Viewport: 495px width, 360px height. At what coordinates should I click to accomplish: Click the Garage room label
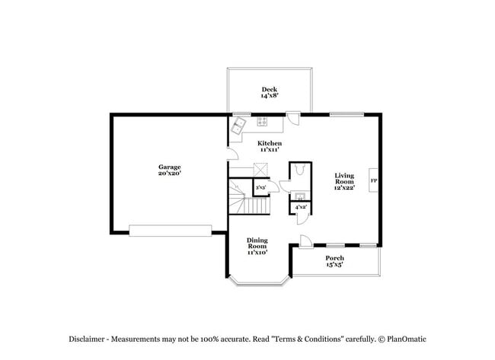(x=169, y=170)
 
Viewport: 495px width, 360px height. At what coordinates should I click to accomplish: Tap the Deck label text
(x=269, y=93)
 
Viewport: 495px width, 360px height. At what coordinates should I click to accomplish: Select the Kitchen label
(x=270, y=146)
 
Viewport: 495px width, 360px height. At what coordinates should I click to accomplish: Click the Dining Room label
(x=257, y=246)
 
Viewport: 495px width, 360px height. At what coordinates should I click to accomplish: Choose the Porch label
(x=335, y=261)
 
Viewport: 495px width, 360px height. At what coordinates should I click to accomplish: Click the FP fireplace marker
(x=373, y=181)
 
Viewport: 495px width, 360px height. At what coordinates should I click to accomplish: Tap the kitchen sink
(x=238, y=124)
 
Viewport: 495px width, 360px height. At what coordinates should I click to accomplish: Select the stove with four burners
(x=263, y=120)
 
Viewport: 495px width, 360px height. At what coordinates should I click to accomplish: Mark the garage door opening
(x=171, y=230)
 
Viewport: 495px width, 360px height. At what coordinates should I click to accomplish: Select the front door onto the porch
(x=304, y=242)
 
